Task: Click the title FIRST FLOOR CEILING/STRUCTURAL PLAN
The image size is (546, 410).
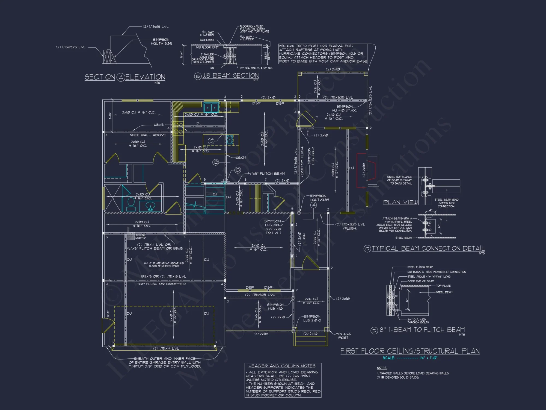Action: coord(410,351)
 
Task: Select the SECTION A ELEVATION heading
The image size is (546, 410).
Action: coord(125,77)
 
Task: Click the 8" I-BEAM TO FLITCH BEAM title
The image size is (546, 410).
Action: coord(422,330)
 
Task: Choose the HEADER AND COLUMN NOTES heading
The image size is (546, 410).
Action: coord(282,366)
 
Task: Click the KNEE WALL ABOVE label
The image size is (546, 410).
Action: coord(148,135)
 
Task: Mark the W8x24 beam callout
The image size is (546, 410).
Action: coord(241,157)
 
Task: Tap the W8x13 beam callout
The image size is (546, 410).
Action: coord(159,125)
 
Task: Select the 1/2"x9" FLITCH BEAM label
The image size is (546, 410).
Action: coord(267,174)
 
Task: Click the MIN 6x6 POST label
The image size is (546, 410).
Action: coord(343,336)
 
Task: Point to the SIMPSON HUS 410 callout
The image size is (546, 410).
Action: coord(275,307)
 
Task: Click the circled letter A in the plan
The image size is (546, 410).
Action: coord(314,205)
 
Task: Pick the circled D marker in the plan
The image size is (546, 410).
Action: coord(238,170)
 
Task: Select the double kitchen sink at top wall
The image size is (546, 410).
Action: coord(211,107)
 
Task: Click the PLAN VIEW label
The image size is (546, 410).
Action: coord(400,202)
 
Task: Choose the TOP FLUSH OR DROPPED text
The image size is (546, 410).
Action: coord(161,284)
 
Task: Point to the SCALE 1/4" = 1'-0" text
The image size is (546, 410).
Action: coord(410,358)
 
